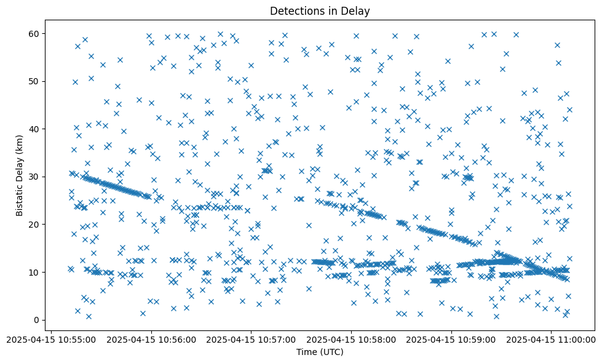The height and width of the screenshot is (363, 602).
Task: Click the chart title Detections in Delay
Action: [320, 10]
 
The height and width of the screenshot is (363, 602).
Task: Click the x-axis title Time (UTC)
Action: [320, 352]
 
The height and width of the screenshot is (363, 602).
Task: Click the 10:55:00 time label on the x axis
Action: [50, 339]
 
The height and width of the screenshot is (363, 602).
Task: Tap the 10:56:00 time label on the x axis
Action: [151, 339]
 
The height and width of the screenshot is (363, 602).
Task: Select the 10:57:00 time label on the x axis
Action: [251, 339]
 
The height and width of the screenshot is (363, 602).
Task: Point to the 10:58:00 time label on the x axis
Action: [352, 339]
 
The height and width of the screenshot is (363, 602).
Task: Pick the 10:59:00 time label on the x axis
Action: [452, 339]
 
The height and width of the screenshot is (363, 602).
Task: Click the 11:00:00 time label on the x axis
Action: [552, 339]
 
